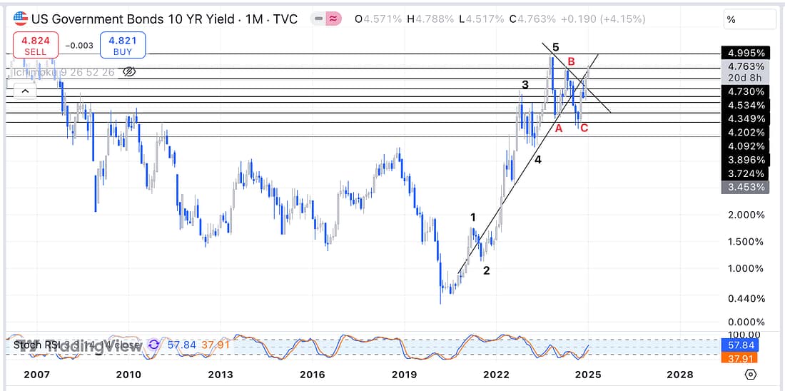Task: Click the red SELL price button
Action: coord(35,45)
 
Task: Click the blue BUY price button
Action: coord(123,45)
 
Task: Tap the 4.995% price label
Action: coord(746,54)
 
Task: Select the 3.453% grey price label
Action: coord(746,188)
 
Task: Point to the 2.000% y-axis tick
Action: coord(746,215)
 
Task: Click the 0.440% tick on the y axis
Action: coord(746,298)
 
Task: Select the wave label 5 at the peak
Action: coord(555,48)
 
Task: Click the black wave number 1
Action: coord(473,217)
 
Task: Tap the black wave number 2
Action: coord(487,270)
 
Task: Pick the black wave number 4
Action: coord(538,160)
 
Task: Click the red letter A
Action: coord(559,128)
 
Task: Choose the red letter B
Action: coord(571,62)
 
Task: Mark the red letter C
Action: coord(584,128)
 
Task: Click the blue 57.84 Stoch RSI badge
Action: coord(746,345)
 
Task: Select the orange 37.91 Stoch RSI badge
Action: coord(746,357)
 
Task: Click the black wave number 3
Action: coord(525,85)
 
